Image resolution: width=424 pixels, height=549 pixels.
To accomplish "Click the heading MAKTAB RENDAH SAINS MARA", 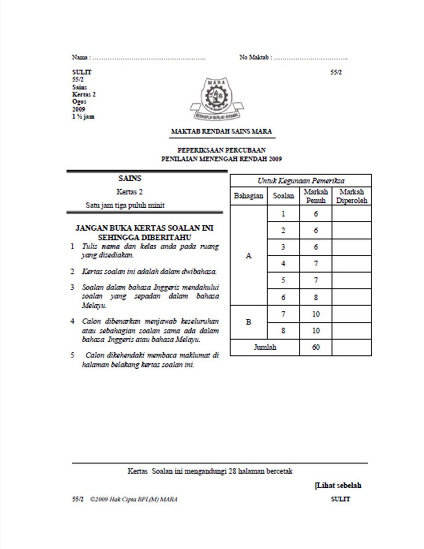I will (x=221, y=131).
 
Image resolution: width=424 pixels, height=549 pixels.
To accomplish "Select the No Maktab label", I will (x=254, y=57).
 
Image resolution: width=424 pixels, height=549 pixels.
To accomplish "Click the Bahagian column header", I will (x=248, y=196).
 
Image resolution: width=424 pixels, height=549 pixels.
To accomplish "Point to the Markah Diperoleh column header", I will (x=351, y=196).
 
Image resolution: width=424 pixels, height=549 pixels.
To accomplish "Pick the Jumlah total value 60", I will (x=316, y=347).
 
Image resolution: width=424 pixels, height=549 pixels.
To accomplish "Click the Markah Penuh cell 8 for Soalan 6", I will (x=316, y=297).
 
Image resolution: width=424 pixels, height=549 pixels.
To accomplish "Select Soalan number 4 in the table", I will (x=283, y=264).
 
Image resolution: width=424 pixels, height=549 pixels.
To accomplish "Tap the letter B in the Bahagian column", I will (x=248, y=322).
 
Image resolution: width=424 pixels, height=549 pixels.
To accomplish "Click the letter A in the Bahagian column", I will (x=248, y=256).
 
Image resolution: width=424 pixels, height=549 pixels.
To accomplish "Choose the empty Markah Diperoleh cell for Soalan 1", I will (x=351, y=213).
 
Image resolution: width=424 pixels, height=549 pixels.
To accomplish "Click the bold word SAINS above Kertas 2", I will (x=130, y=178).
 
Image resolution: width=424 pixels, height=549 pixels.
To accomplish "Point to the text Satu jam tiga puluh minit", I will (x=125, y=205).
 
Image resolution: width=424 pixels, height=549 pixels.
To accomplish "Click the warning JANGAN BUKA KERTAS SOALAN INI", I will (x=144, y=228).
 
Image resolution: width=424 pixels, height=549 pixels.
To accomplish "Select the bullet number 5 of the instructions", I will (x=72, y=355).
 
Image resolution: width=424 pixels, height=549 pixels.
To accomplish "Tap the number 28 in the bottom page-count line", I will (x=232, y=471).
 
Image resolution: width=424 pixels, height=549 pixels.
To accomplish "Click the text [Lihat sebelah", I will (x=338, y=486).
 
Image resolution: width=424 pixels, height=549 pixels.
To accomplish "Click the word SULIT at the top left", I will (x=82, y=72).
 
